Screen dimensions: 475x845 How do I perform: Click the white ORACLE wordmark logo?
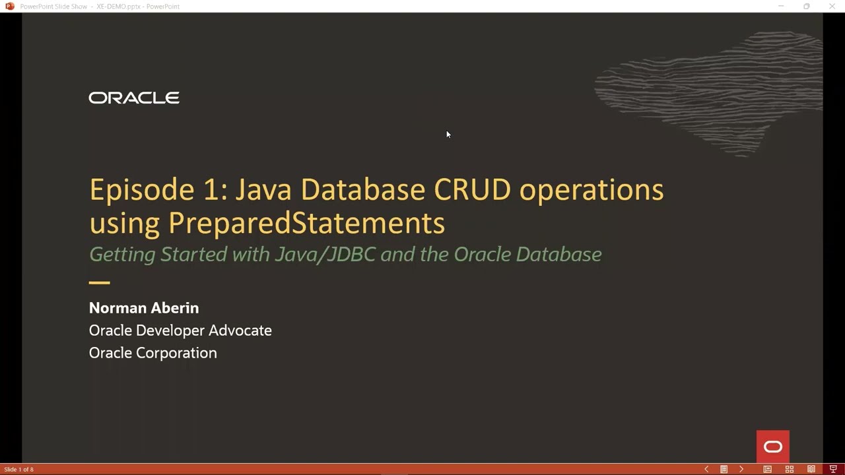(x=134, y=98)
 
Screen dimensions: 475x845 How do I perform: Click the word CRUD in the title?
(x=472, y=190)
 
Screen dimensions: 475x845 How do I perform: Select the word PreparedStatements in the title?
(x=306, y=223)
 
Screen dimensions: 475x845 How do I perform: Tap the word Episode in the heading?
(x=141, y=190)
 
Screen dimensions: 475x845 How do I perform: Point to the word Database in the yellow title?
(x=362, y=190)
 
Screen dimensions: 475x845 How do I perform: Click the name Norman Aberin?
(x=144, y=308)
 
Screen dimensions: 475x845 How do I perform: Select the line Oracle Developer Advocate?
(x=180, y=331)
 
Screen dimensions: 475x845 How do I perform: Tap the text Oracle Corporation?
(x=152, y=353)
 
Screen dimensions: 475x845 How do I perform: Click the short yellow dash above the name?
(x=99, y=282)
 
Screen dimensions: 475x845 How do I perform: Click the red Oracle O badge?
(x=772, y=447)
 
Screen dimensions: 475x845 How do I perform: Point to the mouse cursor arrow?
(x=448, y=135)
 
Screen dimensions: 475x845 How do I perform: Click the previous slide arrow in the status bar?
(x=706, y=469)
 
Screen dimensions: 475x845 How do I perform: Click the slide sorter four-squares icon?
(x=789, y=469)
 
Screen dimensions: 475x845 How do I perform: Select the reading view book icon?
(x=811, y=469)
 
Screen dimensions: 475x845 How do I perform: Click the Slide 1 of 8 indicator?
(x=18, y=470)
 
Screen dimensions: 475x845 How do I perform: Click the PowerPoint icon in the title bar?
(x=9, y=6)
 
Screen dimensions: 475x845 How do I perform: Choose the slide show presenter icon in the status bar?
(x=833, y=469)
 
